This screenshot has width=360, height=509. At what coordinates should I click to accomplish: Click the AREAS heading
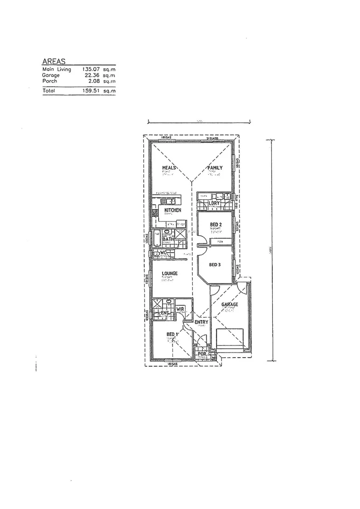pyautogui.click(x=53, y=61)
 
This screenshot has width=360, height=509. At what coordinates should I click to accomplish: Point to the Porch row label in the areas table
pyautogui.click(x=50, y=81)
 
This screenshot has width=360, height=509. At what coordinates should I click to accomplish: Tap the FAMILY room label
pyautogui.click(x=215, y=167)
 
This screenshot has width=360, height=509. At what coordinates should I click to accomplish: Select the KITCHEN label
pyautogui.click(x=172, y=210)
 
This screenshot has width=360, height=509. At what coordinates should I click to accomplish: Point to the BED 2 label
pyautogui.click(x=215, y=225)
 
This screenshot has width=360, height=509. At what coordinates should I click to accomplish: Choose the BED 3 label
pyautogui.click(x=215, y=265)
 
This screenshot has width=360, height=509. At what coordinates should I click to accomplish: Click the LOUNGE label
pyautogui.click(x=169, y=273)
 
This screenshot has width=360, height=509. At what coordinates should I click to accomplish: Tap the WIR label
pyautogui.click(x=180, y=310)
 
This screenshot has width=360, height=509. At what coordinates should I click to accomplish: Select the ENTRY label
pyautogui.click(x=201, y=322)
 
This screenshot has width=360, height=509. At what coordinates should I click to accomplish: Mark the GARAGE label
pyautogui.click(x=230, y=304)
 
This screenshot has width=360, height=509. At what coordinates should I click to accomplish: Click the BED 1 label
pyautogui.click(x=172, y=335)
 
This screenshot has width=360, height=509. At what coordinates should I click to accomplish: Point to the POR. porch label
pyautogui.click(x=202, y=353)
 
